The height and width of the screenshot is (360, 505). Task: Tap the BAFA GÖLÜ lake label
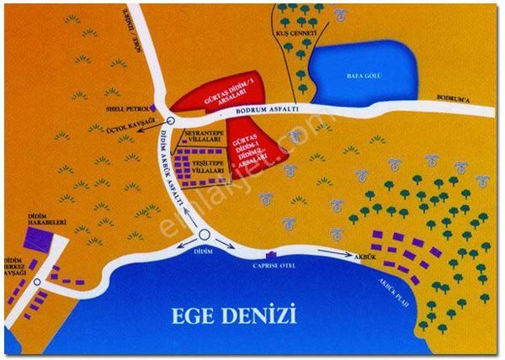365,76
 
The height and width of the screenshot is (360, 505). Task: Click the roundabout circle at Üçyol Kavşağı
170,121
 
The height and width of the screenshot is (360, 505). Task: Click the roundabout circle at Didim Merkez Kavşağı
38,283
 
